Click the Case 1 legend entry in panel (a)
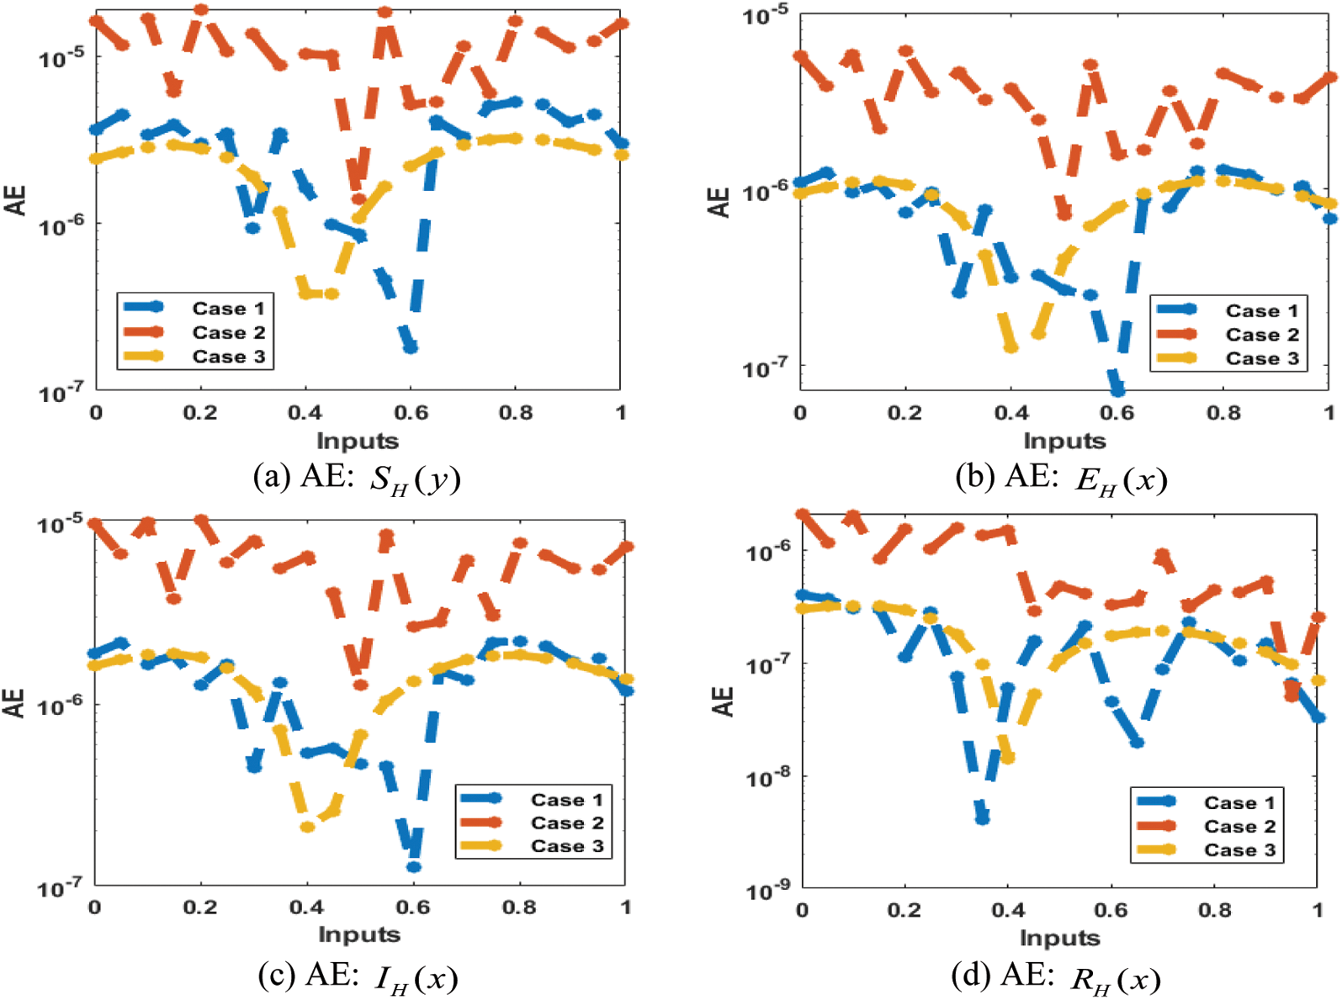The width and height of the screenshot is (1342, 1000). tap(227, 309)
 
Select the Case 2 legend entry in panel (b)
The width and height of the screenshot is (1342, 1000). tap(1261, 335)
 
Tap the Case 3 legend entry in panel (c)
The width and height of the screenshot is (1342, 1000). tap(566, 846)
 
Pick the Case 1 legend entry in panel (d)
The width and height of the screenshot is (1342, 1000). tap(1239, 802)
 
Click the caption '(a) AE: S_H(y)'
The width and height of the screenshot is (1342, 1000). tap(357, 479)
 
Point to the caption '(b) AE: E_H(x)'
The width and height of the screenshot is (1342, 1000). tap(1061, 479)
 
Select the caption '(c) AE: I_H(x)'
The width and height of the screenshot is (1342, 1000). tap(358, 977)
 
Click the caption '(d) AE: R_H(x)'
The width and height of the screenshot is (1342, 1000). tap(1056, 977)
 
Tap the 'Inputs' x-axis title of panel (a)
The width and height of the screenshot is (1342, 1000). tap(357, 441)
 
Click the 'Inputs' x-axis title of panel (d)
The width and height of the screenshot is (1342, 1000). tap(1059, 937)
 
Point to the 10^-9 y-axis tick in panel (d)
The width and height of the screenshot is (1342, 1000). tap(767, 890)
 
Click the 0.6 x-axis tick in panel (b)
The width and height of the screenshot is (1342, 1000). tap(1117, 413)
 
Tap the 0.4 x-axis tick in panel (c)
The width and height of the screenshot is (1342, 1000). tap(306, 907)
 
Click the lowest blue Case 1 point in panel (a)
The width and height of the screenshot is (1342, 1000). tap(411, 347)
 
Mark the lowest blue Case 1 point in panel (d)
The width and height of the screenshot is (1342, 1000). tap(982, 818)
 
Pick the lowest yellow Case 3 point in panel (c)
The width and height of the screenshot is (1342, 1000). tap(308, 827)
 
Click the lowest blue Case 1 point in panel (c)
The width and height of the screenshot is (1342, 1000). tap(413, 866)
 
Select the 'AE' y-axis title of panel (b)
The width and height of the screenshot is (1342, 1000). tap(720, 202)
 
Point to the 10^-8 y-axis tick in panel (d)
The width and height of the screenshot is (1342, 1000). tap(767, 778)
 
